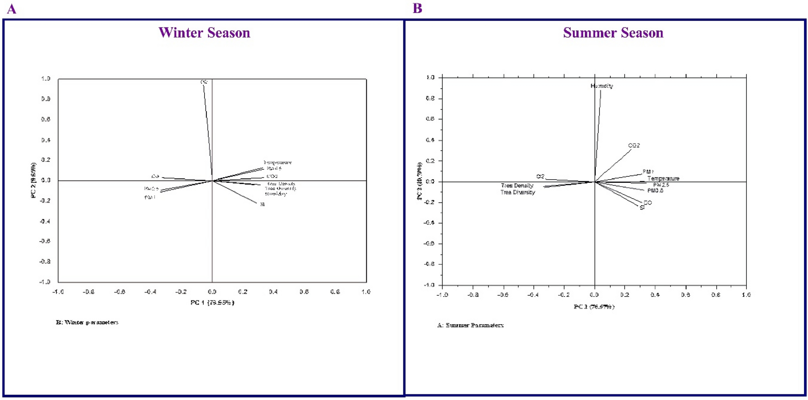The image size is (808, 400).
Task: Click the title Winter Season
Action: pyautogui.click(x=204, y=33)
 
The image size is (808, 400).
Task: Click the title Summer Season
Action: pyautogui.click(x=613, y=33)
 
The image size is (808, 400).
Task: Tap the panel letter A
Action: pyautogui.click(x=12, y=9)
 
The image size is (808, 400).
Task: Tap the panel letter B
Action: pyautogui.click(x=417, y=8)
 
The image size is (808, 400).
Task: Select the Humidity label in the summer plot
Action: pyautogui.click(x=601, y=86)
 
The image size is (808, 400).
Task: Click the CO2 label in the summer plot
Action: pyautogui.click(x=634, y=145)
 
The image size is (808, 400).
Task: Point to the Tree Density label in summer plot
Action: pyautogui.click(x=517, y=186)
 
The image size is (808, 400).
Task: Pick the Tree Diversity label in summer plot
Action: pyautogui.click(x=518, y=193)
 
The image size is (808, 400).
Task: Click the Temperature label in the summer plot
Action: pyautogui.click(x=663, y=178)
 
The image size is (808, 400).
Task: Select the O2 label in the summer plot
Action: pyautogui.click(x=540, y=176)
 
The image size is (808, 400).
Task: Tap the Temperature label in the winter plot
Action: pyautogui.click(x=277, y=163)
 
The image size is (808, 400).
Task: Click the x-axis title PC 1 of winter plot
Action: pyautogui.click(x=212, y=303)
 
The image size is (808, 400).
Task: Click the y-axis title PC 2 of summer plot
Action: pyautogui.click(x=420, y=181)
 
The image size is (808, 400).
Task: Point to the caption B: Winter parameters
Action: pyautogui.click(x=87, y=322)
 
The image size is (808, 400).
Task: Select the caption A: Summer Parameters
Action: pyautogui.click(x=470, y=325)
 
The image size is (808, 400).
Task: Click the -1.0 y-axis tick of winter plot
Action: pyautogui.click(x=45, y=282)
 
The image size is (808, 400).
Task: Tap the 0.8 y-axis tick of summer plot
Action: pyautogui.click(x=430, y=99)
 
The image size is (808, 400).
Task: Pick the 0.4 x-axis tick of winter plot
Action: pyautogui.click(x=273, y=292)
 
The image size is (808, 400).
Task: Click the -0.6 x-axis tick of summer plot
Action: pyautogui.click(x=503, y=295)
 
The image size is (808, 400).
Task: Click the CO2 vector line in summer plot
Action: pyautogui.click(x=614, y=165)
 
